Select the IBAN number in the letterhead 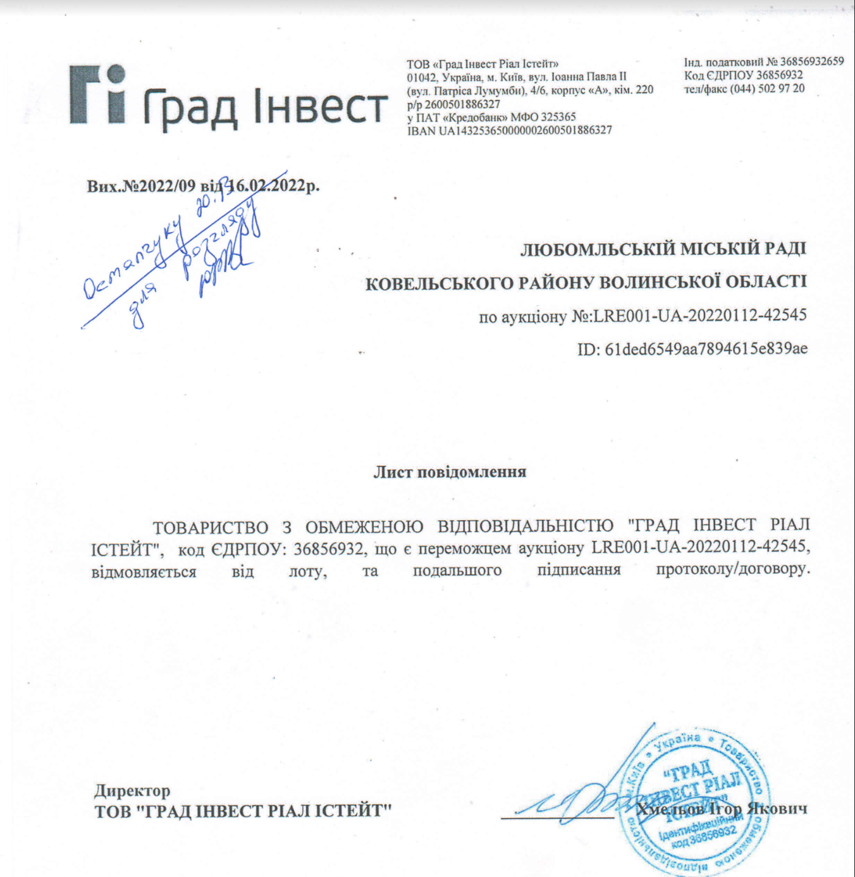pyautogui.click(x=525, y=130)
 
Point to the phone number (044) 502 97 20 pyautogui.click(x=767, y=89)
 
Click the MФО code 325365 pyautogui.click(x=558, y=117)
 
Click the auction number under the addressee pyautogui.click(x=700, y=315)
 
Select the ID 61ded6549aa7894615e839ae pyautogui.click(x=706, y=349)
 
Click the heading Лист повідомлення pyautogui.click(x=450, y=472)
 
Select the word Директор pyautogui.click(x=132, y=790)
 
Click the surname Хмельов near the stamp pyautogui.click(x=670, y=809)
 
